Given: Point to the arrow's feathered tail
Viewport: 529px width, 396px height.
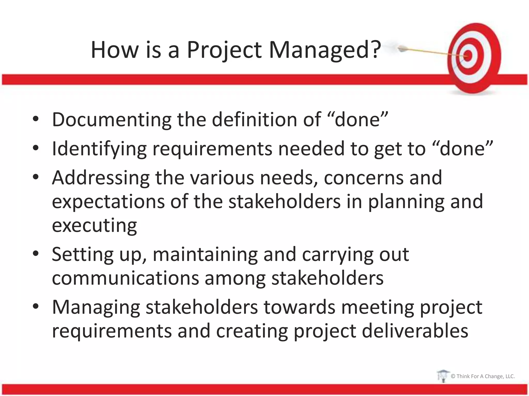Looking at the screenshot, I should pyautogui.click(x=401, y=48).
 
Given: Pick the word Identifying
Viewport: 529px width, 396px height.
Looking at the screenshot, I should pyautogui.click(x=99, y=149).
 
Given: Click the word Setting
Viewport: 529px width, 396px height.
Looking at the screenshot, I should pyautogui.click(x=82, y=255).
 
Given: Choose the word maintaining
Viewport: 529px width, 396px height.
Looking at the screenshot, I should pyautogui.click(x=205, y=255).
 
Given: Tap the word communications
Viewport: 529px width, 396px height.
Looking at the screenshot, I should pyautogui.click(x=125, y=278).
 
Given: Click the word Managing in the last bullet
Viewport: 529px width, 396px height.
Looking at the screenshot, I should pyautogui.click(x=96, y=308).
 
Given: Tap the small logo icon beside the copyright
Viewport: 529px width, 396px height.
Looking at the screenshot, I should pyautogui.click(x=443, y=376).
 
